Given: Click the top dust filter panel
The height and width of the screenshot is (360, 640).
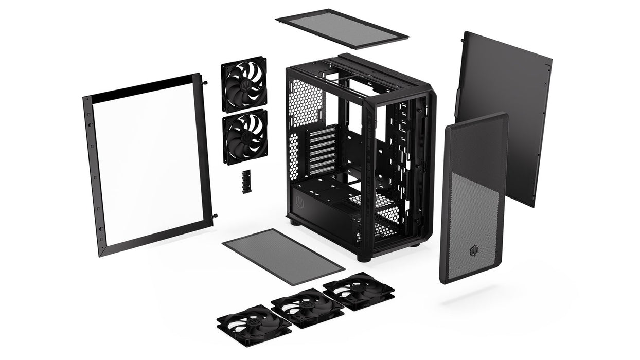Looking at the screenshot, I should (342, 29).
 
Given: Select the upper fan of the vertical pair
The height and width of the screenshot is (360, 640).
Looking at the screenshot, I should (244, 84).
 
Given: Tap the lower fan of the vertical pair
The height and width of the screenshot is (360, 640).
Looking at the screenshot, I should (245, 136).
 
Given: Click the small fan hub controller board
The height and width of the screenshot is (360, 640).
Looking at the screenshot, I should (246, 182).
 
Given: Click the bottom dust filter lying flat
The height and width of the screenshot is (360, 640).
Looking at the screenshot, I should (282, 257).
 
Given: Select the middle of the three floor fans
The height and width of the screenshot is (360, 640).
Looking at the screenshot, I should (307, 308).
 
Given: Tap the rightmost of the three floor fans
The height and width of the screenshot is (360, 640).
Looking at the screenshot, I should (358, 291).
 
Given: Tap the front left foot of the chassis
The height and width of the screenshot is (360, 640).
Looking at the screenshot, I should (364, 258).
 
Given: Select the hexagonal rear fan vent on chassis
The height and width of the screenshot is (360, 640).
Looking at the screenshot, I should (305, 103).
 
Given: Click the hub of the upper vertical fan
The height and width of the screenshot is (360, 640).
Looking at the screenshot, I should (244, 84).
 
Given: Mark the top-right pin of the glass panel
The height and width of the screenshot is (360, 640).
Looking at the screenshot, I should (205, 81).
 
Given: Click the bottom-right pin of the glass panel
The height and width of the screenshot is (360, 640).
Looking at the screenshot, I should (215, 216).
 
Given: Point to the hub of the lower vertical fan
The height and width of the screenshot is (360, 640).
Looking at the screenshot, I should (245, 136).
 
